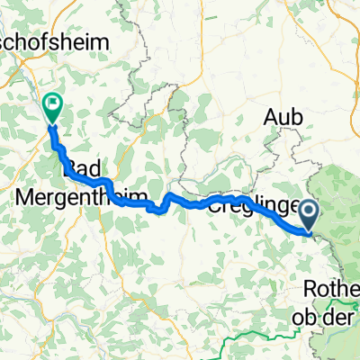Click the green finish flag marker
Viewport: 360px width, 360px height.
(52, 109)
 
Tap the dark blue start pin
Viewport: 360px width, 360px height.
(309, 215)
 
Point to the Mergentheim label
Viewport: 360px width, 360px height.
(61, 193)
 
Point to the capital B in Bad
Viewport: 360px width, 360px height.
(70, 169)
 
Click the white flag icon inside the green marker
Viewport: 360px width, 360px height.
(52, 106)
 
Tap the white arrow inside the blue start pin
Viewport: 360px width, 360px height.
(309, 212)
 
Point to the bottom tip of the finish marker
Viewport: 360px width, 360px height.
(52, 123)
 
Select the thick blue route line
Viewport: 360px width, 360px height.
(180, 200)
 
